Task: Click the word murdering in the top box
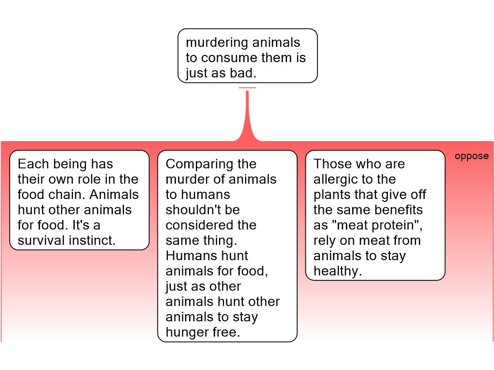click(x=212, y=43)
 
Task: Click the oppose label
click(x=472, y=157)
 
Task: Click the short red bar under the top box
click(x=247, y=88)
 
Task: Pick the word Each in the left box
click(x=33, y=164)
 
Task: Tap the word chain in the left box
click(x=68, y=195)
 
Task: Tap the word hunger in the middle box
click(x=186, y=333)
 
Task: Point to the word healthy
click(x=338, y=272)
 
